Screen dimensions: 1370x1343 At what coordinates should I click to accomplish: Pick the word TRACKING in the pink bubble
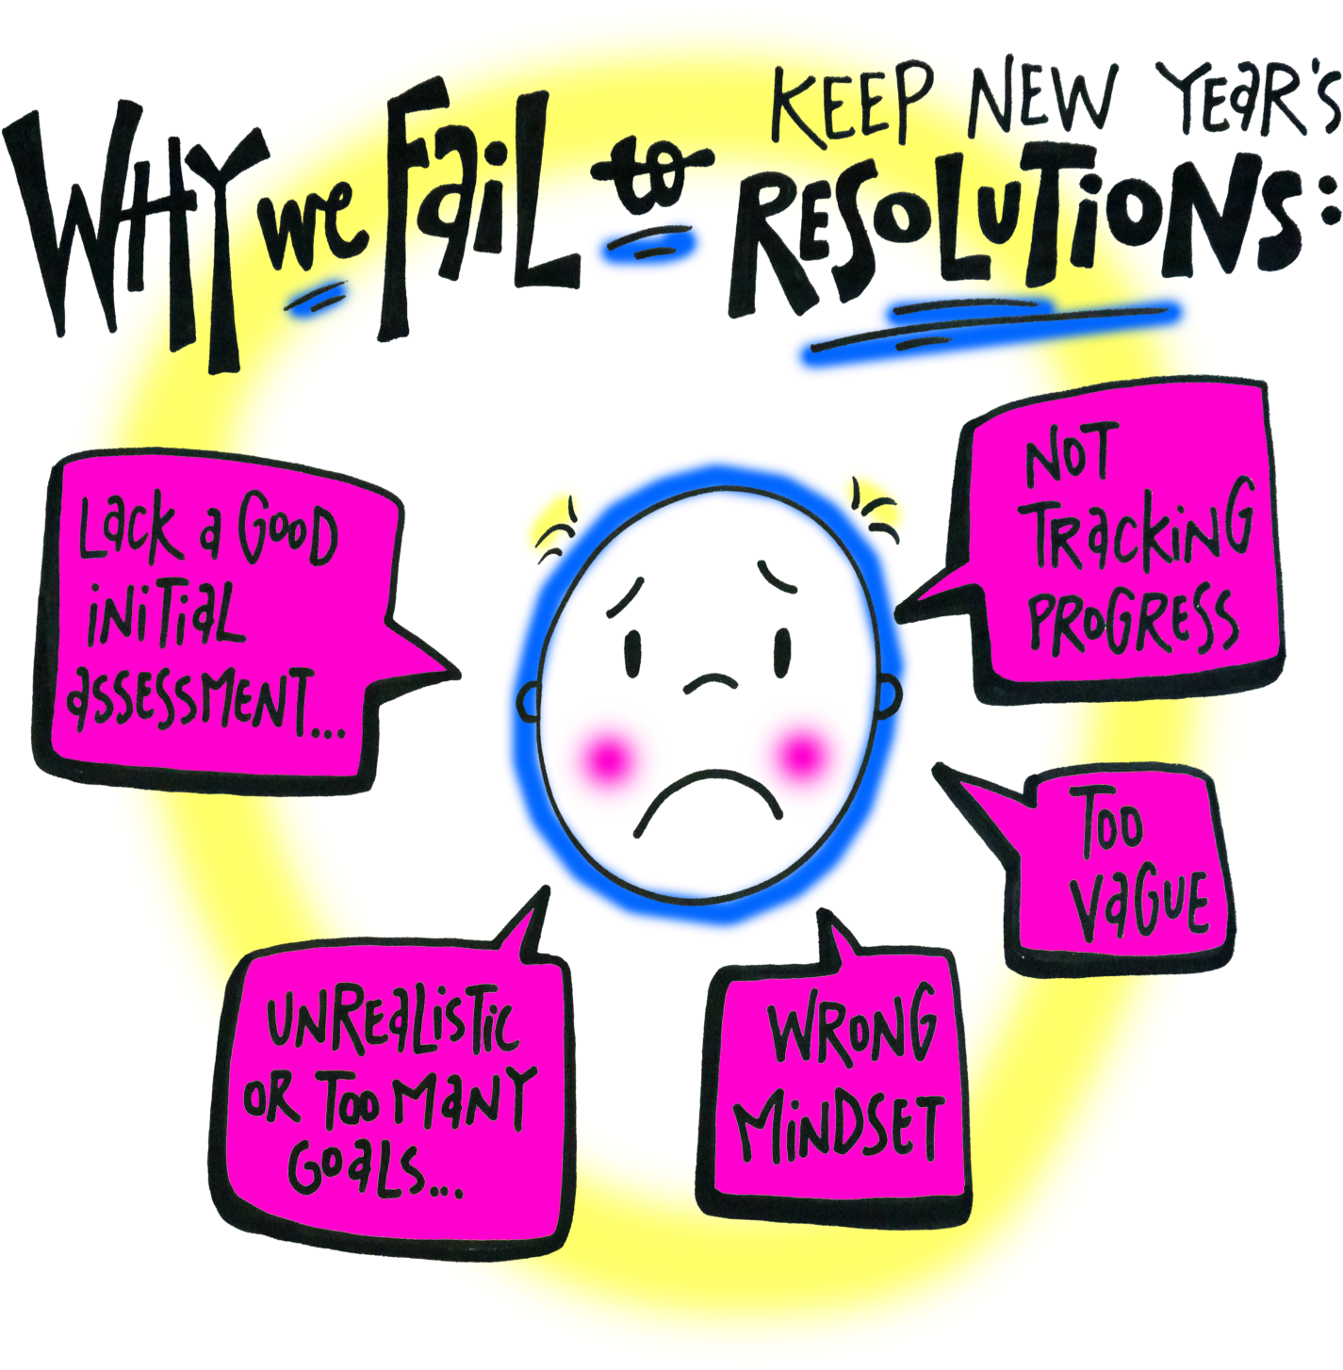pyautogui.click(x=1140, y=528)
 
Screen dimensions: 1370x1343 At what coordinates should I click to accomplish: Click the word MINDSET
pyautogui.click(x=839, y=1126)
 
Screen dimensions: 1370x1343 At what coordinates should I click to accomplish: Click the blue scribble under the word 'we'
pyautogui.click(x=316, y=297)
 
